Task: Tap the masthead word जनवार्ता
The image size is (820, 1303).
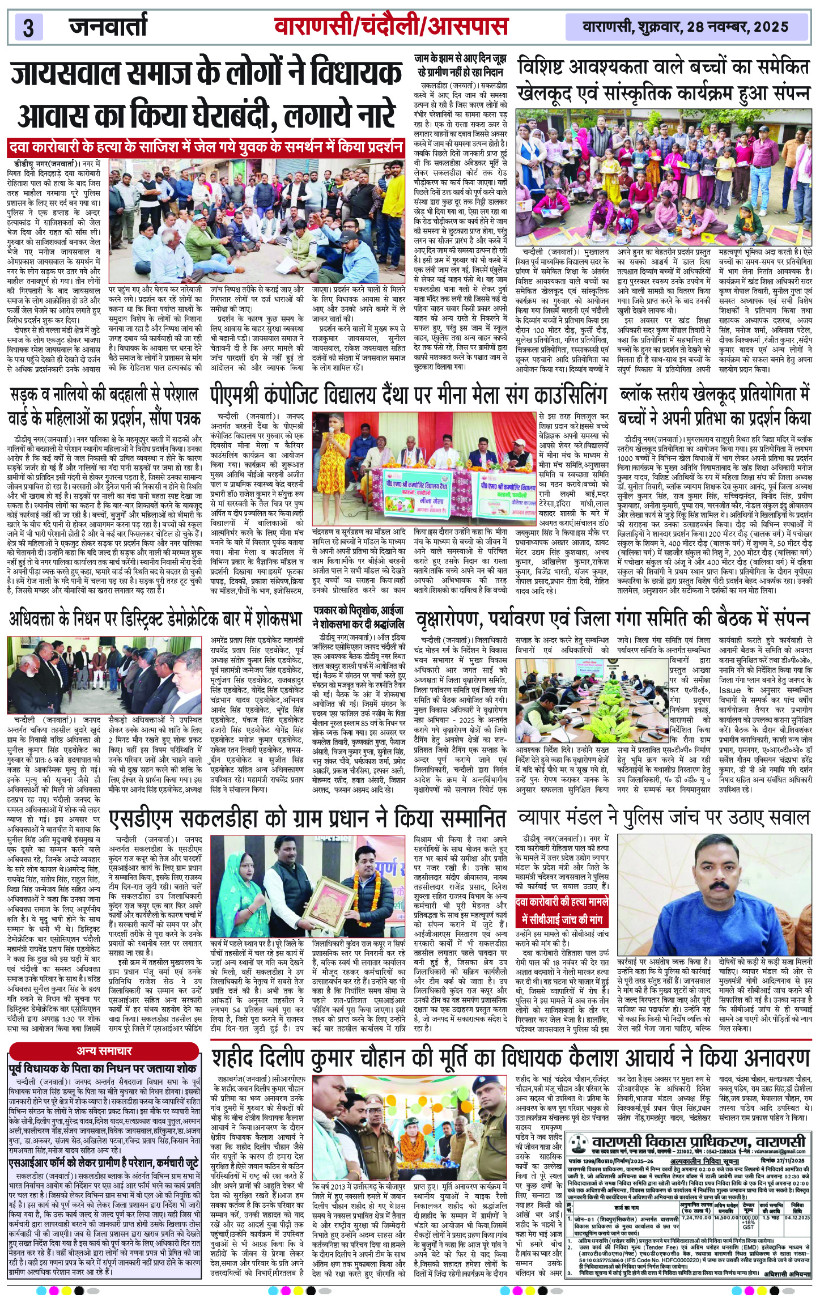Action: pyautogui.click(x=108, y=27)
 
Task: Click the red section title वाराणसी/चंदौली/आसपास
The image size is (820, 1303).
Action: pyautogui.click(x=390, y=27)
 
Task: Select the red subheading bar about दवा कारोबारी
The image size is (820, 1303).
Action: pyautogui.click(x=206, y=148)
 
